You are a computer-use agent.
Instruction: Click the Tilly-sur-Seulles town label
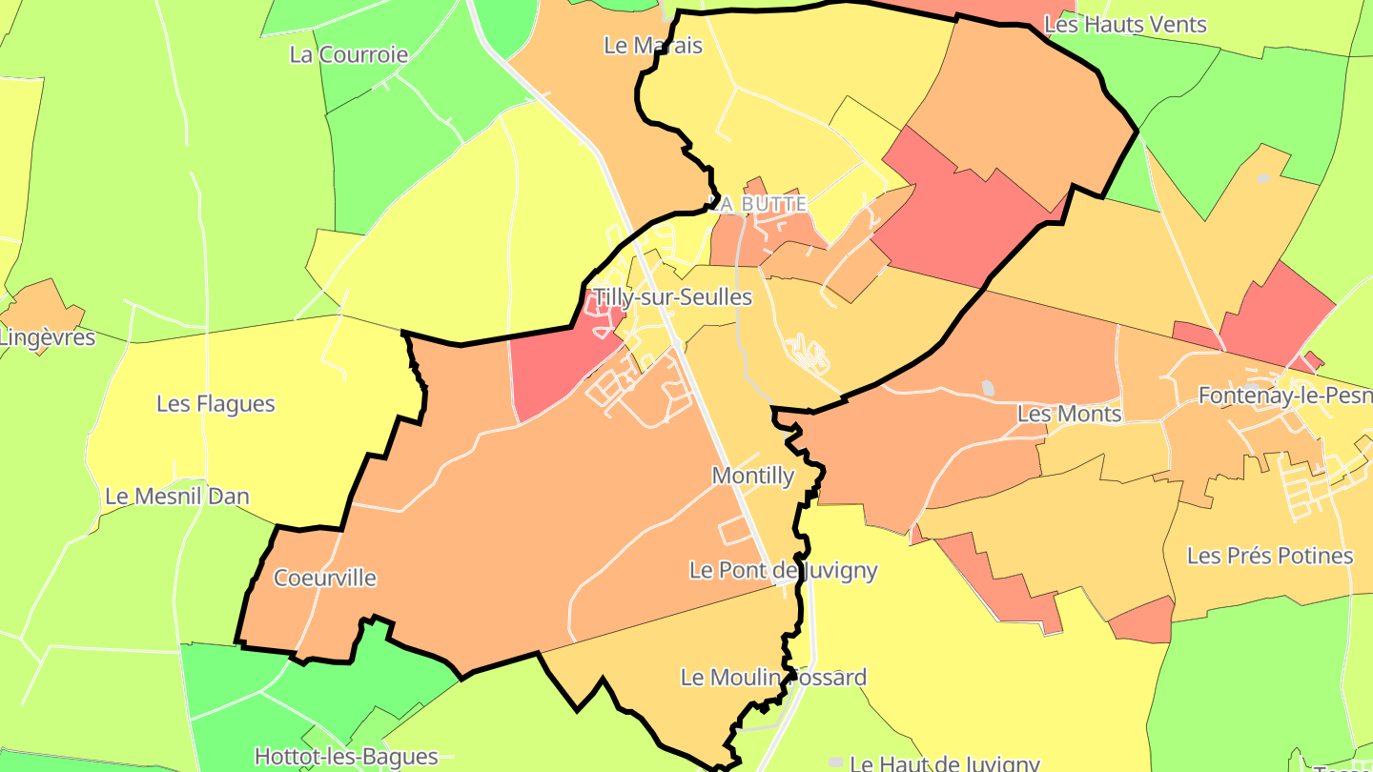point(672,297)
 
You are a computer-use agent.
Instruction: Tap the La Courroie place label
point(349,54)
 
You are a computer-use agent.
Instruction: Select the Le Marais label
point(653,45)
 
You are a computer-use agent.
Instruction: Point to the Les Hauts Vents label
point(1126,25)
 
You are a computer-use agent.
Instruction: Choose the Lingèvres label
point(48,337)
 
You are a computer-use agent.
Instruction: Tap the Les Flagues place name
point(215,404)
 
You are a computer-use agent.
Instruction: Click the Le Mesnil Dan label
point(177,497)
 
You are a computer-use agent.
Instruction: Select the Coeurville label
point(325,579)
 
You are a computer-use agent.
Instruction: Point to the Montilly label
point(753,476)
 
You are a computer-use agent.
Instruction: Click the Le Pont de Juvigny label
point(784,571)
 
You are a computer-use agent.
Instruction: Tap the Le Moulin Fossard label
point(773,678)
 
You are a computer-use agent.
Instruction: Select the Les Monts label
point(1070,415)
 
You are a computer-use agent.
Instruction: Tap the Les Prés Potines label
point(1270,556)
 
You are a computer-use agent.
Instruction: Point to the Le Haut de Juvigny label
point(944,763)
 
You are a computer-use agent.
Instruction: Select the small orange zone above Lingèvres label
point(43,303)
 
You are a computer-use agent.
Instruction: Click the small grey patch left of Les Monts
point(988,388)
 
